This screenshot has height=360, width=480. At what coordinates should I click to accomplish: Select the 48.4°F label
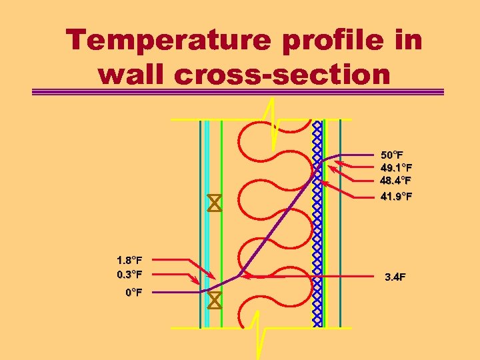(x=395, y=180)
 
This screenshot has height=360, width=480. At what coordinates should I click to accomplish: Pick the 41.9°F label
(x=396, y=197)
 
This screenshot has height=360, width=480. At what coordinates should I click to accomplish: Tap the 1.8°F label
(x=129, y=259)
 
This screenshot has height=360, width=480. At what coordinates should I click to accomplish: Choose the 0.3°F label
(x=129, y=274)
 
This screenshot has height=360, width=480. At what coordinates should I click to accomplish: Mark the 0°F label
(x=133, y=292)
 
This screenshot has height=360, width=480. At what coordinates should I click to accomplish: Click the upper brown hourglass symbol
(x=214, y=203)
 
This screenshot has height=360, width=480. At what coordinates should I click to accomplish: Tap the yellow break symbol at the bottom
(x=259, y=333)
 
